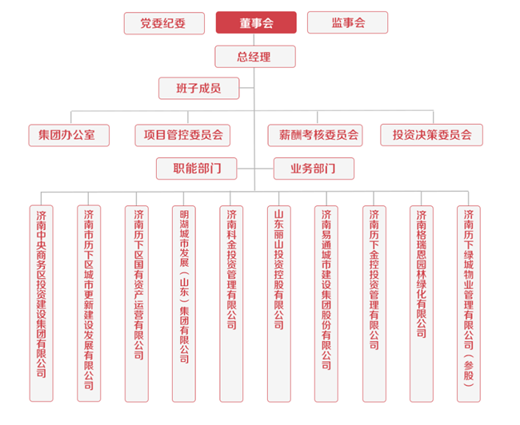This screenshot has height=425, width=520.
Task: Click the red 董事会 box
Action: click(x=256, y=22)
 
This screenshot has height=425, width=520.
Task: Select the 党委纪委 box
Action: click(x=163, y=22)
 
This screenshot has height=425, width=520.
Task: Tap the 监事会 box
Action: click(x=348, y=22)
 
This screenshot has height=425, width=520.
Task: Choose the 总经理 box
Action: click(x=255, y=56)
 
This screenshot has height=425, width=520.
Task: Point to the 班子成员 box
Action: click(x=199, y=87)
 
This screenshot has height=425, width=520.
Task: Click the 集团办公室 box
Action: click(x=68, y=135)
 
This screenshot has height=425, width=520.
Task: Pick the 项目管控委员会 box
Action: click(x=182, y=135)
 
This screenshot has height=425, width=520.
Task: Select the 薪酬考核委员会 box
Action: click(x=314, y=135)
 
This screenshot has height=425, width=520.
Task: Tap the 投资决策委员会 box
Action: click(x=431, y=135)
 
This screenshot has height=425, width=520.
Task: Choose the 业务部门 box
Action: click(x=312, y=169)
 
